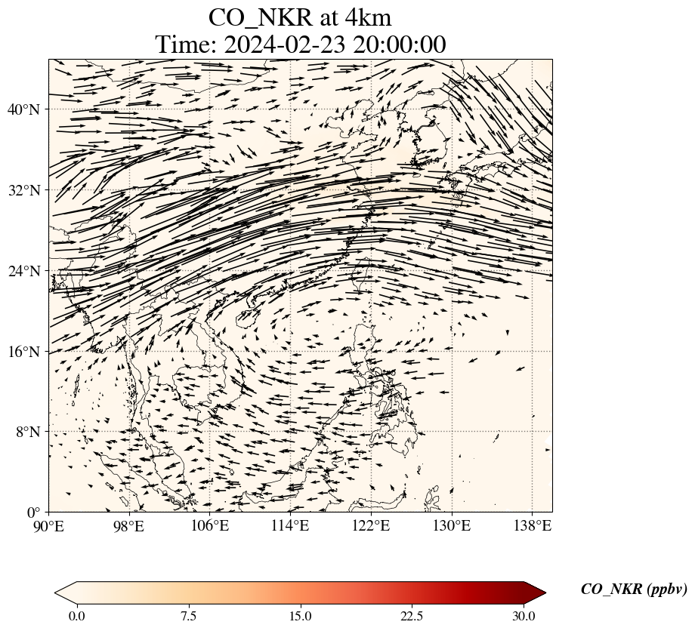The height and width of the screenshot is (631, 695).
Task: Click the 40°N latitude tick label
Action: point(23,109)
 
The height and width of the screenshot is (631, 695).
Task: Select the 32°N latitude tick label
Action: point(23,190)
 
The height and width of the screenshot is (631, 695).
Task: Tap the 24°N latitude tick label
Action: point(23,271)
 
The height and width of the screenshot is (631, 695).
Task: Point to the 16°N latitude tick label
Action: point(23,352)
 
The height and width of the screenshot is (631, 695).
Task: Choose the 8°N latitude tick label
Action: point(26,432)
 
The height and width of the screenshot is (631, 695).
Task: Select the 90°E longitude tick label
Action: point(49,525)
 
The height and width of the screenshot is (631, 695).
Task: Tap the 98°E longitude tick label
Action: point(129,525)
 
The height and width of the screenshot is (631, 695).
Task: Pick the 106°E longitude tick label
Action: point(210,525)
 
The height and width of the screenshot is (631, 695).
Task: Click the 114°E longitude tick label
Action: point(290,525)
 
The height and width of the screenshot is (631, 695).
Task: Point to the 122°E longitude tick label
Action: point(371,525)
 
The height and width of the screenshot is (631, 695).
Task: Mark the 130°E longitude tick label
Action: point(452,525)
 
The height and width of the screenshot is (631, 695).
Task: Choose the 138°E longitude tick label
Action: point(532,525)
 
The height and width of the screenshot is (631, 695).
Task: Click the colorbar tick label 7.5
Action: point(188,617)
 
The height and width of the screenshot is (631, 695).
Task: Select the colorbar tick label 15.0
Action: point(300,617)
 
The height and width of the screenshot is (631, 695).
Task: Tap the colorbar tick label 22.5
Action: point(412,617)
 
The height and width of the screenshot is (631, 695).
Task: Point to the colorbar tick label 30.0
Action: point(524,617)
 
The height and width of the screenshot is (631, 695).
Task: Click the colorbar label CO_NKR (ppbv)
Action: point(634,590)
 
